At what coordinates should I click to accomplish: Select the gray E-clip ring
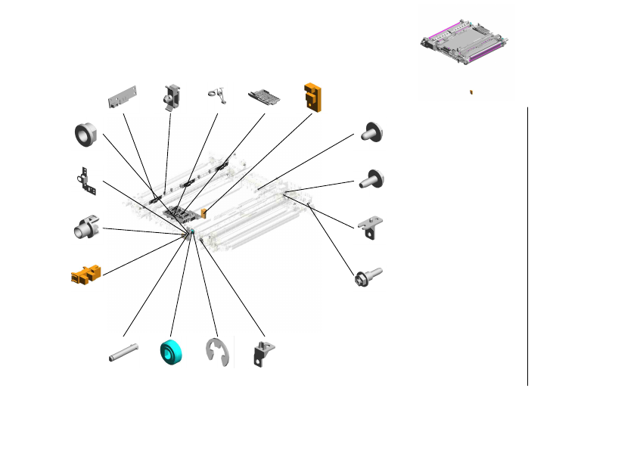pos(218,354)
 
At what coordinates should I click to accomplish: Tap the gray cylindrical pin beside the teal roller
pos(123,352)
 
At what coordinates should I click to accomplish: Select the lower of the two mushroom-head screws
pos(373,179)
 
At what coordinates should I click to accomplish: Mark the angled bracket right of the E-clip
pos(264,354)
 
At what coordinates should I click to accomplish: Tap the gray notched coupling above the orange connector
pos(85,226)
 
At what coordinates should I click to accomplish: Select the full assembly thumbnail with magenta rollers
pos(463,48)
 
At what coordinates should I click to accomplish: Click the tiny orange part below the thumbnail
pos(471,91)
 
